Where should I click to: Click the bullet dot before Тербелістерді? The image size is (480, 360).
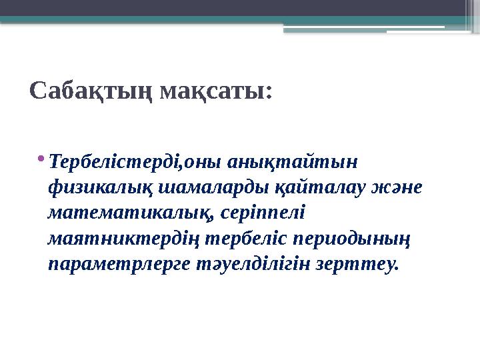[x=43, y=158]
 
